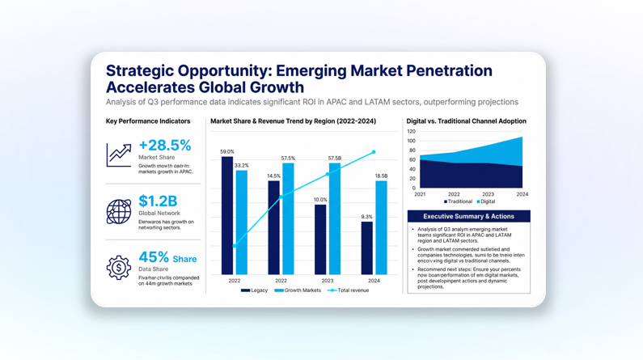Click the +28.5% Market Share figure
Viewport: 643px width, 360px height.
165,146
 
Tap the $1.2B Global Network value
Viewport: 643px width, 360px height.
158,201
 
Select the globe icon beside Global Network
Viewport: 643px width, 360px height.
119,212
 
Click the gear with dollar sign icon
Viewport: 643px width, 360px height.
119,268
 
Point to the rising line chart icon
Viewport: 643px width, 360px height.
119,155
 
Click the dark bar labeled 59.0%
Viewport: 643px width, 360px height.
227,214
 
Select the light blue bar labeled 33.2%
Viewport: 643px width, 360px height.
241,222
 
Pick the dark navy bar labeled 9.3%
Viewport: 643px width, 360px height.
367,248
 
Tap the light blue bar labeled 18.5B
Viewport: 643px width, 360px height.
381,227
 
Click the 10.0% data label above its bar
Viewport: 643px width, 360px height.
320,200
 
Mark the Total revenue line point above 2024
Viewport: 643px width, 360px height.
374,152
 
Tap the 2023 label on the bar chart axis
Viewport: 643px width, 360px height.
328,281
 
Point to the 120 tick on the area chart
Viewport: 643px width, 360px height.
412,131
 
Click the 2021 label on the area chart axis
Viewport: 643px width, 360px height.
420,194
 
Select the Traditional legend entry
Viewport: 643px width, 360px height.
458,201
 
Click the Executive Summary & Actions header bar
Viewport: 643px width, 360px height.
468,216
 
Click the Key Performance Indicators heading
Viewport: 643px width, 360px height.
148,121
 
